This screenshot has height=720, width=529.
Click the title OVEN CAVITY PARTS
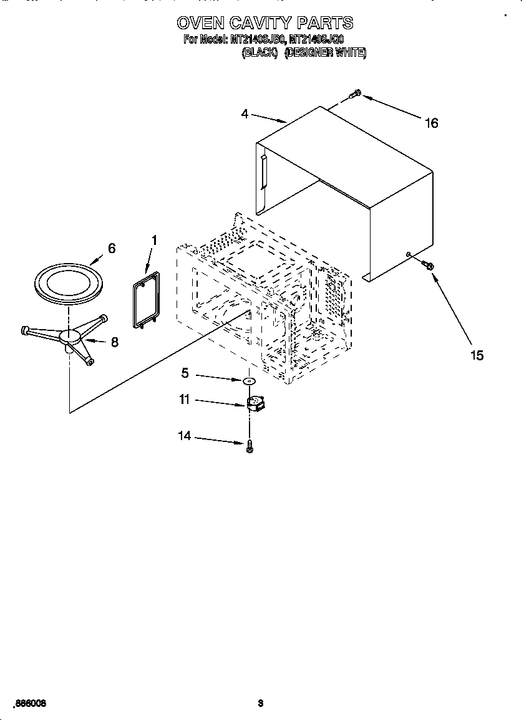coord(264,23)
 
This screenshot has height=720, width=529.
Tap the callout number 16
coord(431,123)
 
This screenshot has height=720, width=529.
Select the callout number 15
coord(476,355)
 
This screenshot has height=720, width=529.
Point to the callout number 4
coord(245,113)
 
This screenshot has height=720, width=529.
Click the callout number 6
coord(111,248)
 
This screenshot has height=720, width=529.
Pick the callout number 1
coord(154,240)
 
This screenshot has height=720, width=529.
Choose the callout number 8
coord(114,342)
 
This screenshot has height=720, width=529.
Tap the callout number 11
coord(184,400)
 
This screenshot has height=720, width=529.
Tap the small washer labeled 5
coord(249,380)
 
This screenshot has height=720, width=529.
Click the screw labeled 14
coord(250,445)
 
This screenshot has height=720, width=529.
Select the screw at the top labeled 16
coord(356,94)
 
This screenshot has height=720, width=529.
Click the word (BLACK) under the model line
coord(259,53)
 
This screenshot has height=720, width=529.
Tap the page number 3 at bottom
coord(261,703)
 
